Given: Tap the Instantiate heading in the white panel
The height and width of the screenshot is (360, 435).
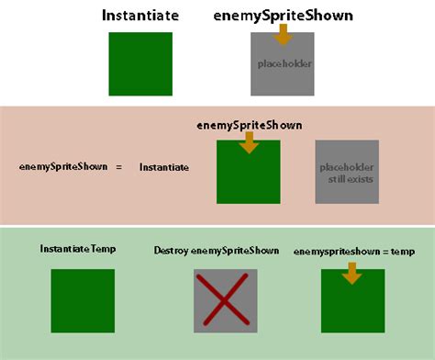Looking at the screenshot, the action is coord(140,16).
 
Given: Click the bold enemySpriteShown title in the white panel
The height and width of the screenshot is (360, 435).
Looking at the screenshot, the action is coord(282,16).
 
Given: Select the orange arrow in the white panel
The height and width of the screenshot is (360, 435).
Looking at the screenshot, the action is coord(283,35).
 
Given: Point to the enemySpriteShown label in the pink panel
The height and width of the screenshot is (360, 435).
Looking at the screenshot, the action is coord(250,125).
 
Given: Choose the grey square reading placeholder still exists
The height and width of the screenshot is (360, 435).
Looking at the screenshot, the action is coord(347,172).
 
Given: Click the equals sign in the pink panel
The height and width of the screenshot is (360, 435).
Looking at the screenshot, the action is coord(117,167).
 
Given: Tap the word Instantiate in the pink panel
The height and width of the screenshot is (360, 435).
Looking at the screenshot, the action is coord(164,167).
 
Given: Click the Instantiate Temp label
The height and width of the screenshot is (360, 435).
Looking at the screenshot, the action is coord(77,248).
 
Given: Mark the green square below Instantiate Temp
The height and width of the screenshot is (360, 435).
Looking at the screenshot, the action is coord(83,300).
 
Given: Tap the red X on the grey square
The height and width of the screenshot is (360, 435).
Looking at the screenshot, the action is coord(225,301).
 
